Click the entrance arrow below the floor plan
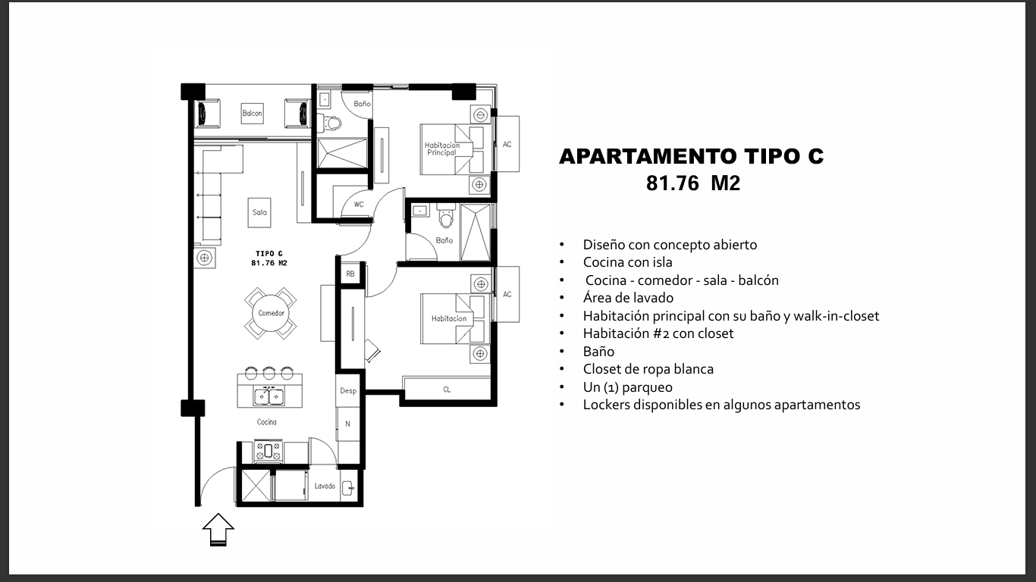pos(218,529)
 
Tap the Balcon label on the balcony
pos(252,113)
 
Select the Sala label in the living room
pos(259,212)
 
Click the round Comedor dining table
pos(271,313)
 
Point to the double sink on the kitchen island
pos(269,396)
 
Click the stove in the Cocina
pos(268,452)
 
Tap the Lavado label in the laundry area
pos(325,486)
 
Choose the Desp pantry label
pos(348,390)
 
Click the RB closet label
pos(350,274)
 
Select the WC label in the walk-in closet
pos(359,205)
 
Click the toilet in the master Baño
pos(331,123)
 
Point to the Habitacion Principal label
pos(442,149)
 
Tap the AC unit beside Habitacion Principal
pos(507,144)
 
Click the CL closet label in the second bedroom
pos(447,390)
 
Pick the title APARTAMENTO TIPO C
pos(692,156)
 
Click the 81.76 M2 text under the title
pos(693,183)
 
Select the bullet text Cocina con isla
pos(628,262)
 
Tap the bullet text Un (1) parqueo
pos(628,387)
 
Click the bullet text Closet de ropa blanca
pos(648,369)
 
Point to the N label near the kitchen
pos(348,424)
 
